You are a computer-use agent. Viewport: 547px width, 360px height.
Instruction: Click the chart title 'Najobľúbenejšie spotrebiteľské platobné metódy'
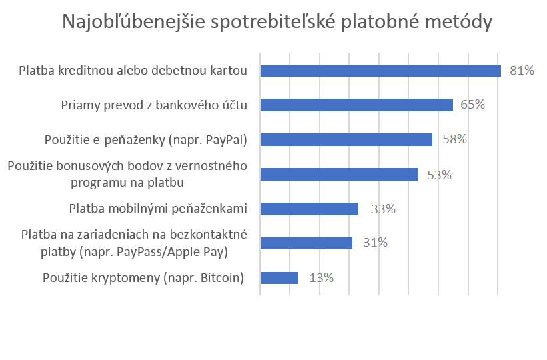[x=277, y=22]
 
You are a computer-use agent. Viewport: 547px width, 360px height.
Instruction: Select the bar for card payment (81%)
[x=380, y=71]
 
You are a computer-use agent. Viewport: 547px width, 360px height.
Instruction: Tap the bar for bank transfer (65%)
[x=356, y=105]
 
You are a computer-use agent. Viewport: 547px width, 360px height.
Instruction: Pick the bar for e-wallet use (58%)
[x=346, y=139]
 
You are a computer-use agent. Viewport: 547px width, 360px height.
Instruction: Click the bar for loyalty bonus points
[x=338, y=175]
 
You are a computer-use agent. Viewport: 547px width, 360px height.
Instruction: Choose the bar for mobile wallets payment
[x=309, y=209]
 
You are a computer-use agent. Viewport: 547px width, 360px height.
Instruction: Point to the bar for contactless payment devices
[x=306, y=243]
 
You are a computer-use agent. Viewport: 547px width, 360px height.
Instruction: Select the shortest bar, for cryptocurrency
[x=279, y=278]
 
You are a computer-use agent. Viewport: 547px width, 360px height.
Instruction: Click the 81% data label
[x=522, y=71]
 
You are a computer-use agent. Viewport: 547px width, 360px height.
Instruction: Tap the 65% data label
[x=472, y=105]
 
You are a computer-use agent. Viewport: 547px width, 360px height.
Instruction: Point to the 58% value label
[x=454, y=139]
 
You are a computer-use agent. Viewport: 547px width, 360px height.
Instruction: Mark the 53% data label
[x=439, y=175]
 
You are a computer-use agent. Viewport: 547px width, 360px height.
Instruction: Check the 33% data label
[x=383, y=209]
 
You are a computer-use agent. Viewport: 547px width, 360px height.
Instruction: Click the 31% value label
[x=375, y=243]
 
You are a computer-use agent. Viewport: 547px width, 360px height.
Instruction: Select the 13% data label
[x=321, y=278]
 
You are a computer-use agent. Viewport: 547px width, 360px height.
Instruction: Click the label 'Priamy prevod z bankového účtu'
[x=154, y=105]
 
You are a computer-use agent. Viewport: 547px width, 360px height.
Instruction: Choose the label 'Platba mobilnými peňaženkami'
[x=158, y=209]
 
